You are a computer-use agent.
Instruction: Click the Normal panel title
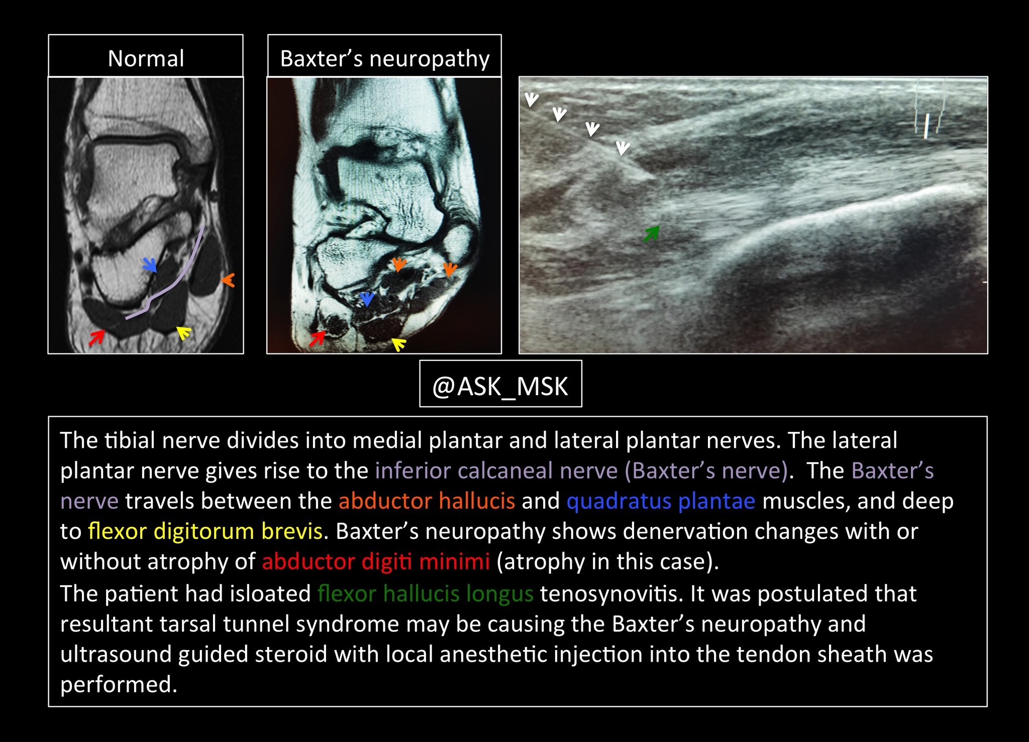pos(146,58)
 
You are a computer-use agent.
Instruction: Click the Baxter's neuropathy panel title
pos(384,58)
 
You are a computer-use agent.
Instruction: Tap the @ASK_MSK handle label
pos(500,386)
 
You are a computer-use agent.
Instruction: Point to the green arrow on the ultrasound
pos(651,234)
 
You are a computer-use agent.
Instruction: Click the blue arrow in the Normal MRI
pos(150,264)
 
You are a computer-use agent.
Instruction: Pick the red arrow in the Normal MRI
pos(96,337)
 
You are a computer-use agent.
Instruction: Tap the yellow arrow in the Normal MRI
pos(184,332)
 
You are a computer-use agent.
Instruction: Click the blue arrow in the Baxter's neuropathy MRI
pos(367,299)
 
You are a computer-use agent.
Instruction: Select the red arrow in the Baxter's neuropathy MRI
pos(317,338)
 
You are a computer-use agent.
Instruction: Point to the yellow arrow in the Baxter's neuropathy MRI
pos(399,344)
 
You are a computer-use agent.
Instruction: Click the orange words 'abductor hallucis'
pos(427,501)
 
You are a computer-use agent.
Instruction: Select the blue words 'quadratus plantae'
pos(661,501)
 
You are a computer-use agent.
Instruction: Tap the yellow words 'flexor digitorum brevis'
pos(205,531)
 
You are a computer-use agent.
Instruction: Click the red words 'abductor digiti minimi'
pos(375,562)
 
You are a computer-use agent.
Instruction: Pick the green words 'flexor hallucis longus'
pos(425,594)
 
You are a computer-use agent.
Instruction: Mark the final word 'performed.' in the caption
pos(119,685)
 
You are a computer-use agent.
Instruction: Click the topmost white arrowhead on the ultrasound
pos(531,100)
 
